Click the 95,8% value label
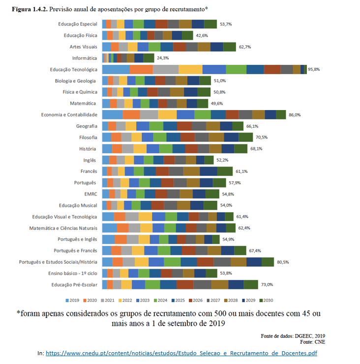(x=314, y=70)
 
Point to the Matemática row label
(x=84, y=103)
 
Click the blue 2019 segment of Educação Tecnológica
(x=116, y=70)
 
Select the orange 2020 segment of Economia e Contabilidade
(x=131, y=114)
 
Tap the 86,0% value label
(x=295, y=114)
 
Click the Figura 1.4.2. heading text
(x=27, y=9)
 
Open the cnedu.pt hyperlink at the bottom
(x=183, y=353)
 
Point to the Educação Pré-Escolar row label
(x=74, y=284)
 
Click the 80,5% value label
(x=283, y=262)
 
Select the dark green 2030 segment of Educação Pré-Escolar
(x=251, y=284)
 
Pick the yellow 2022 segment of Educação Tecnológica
(x=190, y=70)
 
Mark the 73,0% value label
(x=267, y=284)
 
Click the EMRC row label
(x=90, y=194)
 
